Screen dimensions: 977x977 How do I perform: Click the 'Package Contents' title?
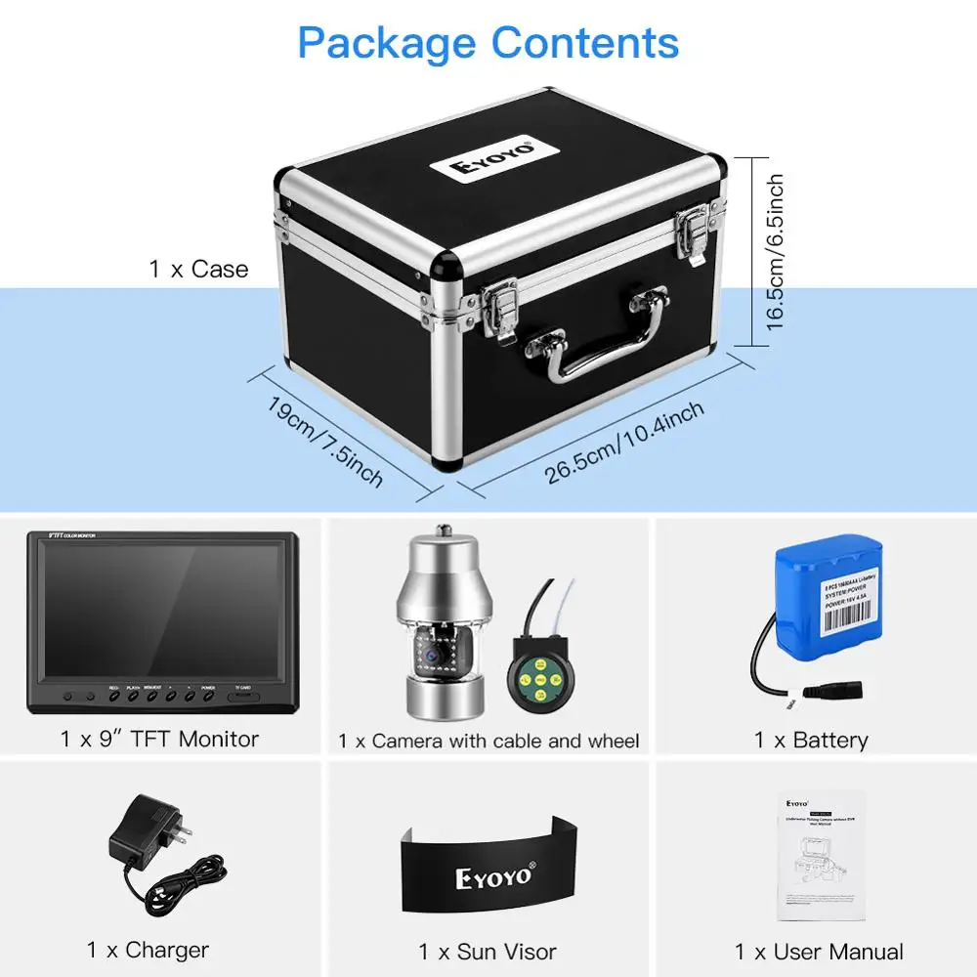488,43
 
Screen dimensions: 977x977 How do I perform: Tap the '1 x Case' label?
199,269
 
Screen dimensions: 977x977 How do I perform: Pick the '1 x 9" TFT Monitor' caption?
160,739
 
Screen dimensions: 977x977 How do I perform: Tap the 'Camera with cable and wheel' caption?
488,741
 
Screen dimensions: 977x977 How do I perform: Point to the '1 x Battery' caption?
811,740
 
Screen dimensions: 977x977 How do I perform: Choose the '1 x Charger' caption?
148,949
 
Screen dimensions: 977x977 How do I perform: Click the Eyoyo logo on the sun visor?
493,875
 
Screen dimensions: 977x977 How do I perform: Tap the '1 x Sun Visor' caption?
488,951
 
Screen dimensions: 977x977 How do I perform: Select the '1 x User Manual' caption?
819,951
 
